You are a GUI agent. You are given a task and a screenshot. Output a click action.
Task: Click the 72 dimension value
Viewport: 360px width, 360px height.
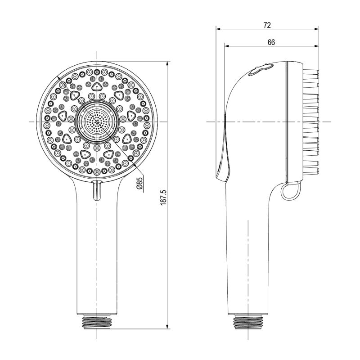pyautogui.click(x=267, y=25)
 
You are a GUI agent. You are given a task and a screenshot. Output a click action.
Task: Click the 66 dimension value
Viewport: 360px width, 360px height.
pyautogui.click(x=271, y=42)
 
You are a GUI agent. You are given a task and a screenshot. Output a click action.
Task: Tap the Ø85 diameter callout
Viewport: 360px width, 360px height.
pyautogui.click(x=139, y=183)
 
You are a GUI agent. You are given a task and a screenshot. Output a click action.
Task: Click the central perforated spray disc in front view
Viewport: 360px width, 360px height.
pyautogui.click(x=97, y=121)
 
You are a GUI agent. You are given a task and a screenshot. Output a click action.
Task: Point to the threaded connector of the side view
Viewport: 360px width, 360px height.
pyautogui.click(x=248, y=322)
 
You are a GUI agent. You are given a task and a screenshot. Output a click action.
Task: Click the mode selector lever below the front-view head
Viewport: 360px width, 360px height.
pyautogui.click(x=97, y=190)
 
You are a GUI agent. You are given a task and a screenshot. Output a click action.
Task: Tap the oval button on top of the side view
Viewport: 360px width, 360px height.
pyautogui.click(x=261, y=69)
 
